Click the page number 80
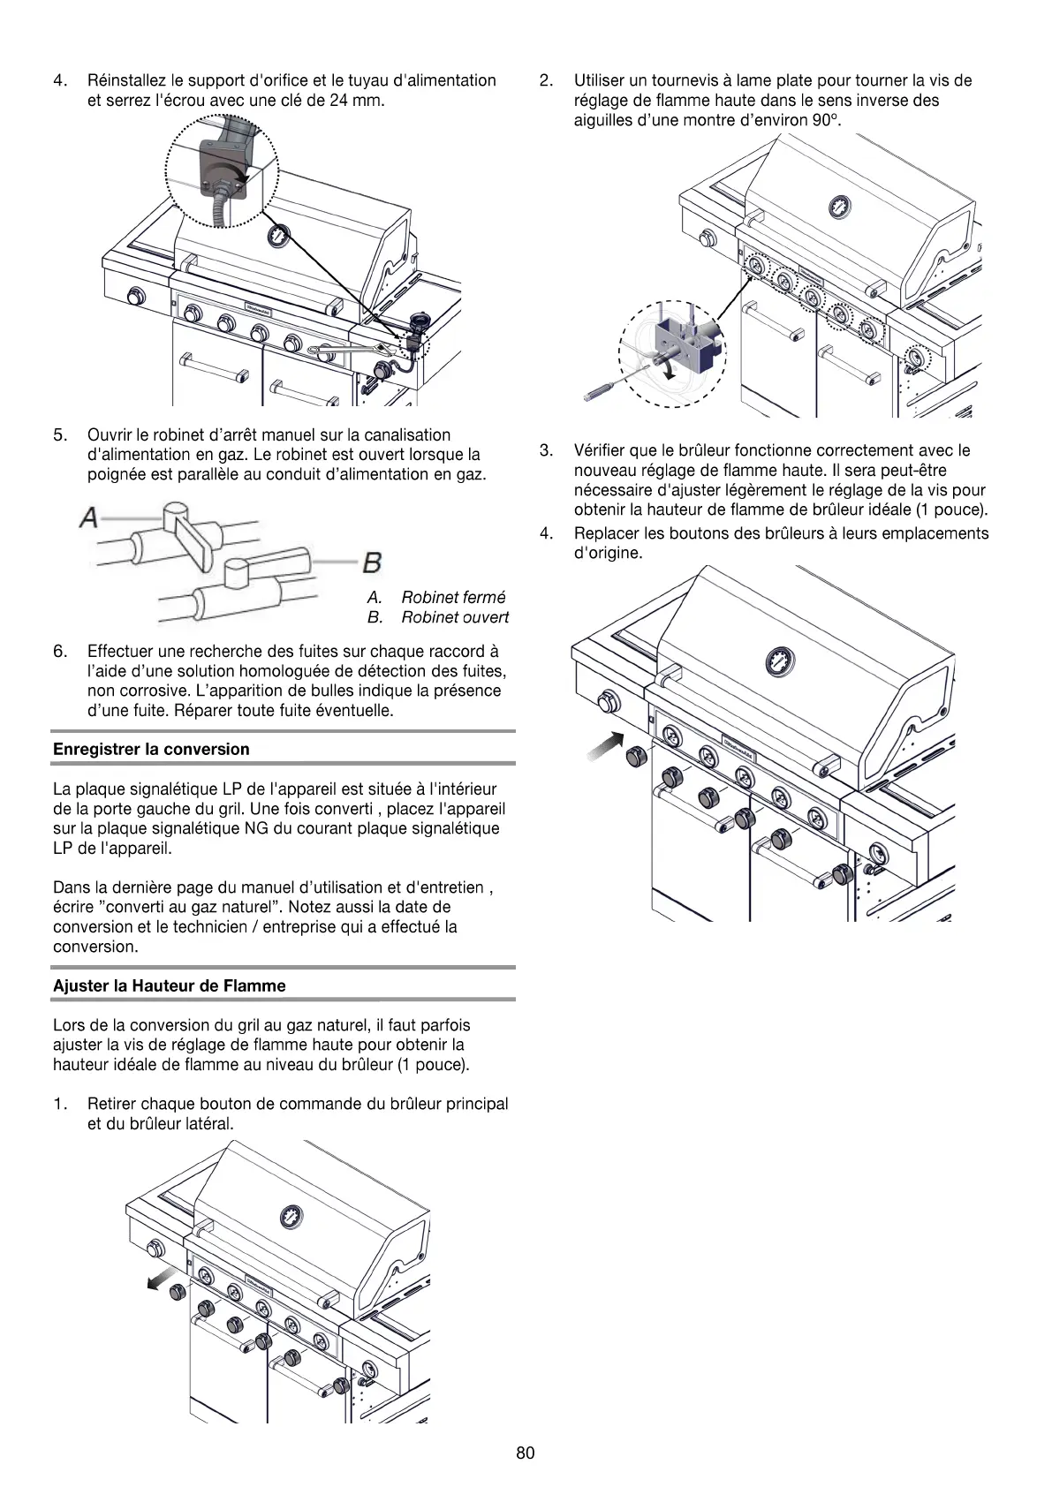coord(526,1453)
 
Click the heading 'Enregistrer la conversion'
coord(151,749)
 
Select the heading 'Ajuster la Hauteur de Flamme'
coord(170,985)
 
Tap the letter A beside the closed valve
coord(88,517)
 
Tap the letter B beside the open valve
coord(372,562)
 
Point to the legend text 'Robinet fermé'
coord(453,598)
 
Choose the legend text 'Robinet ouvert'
coord(455,617)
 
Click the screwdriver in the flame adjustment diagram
coord(609,384)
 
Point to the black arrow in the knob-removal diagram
coord(161,1281)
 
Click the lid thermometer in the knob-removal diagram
coord(291,1218)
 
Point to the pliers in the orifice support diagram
coord(340,351)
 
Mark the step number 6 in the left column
coord(59,652)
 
